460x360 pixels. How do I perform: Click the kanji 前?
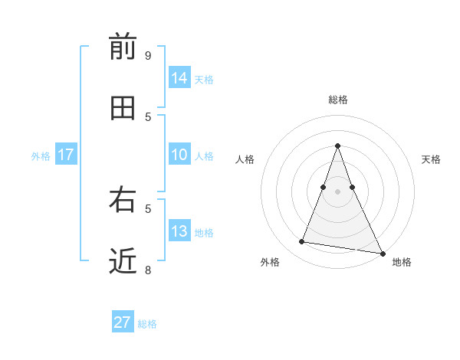(x=123, y=47)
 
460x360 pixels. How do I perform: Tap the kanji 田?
(x=123, y=109)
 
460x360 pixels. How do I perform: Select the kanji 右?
(x=123, y=201)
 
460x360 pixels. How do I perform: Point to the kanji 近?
(x=123, y=262)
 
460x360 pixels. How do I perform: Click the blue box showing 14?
(x=179, y=78)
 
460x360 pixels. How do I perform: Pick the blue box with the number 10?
(x=179, y=155)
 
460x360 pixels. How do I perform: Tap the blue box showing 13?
(x=179, y=231)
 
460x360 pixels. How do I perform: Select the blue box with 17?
(x=65, y=155)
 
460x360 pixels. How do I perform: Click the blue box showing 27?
(x=123, y=322)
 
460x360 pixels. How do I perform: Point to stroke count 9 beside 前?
(x=148, y=56)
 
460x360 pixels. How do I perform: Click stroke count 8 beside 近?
(x=148, y=270)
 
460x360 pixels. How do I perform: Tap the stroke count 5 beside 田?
(x=148, y=117)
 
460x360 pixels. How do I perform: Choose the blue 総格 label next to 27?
(x=147, y=324)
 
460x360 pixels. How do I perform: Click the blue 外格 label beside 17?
(x=41, y=156)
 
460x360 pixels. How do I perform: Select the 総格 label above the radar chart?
(x=337, y=100)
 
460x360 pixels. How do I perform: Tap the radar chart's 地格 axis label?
(x=402, y=262)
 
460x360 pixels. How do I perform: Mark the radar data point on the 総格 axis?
(x=337, y=146)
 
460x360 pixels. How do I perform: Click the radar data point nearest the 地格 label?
(x=382, y=252)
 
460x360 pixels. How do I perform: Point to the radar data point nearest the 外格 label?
(x=301, y=242)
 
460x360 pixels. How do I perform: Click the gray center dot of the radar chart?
(x=337, y=191)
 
